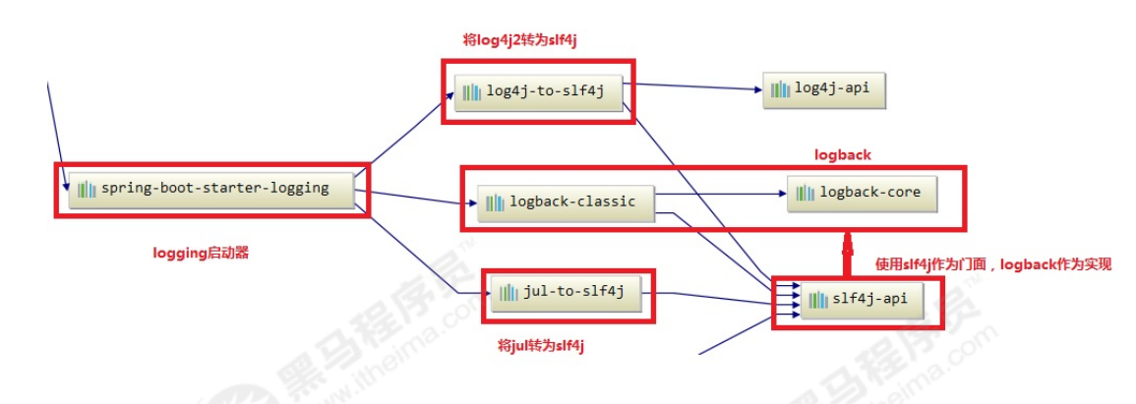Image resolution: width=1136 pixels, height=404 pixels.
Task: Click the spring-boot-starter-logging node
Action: [x=211, y=189]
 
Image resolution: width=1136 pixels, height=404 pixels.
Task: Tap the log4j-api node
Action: [x=815, y=89]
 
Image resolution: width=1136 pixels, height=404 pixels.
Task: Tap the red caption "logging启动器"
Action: [x=201, y=253]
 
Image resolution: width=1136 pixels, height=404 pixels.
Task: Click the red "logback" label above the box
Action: [x=843, y=155]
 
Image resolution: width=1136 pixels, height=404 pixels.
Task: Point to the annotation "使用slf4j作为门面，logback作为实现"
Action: [x=993, y=264]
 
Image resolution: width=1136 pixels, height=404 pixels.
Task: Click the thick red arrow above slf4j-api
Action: [x=845, y=254]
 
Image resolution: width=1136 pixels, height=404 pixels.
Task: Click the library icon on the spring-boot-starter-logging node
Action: [x=88, y=189]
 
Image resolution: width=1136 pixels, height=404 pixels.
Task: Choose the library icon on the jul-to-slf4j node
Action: [x=508, y=292]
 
